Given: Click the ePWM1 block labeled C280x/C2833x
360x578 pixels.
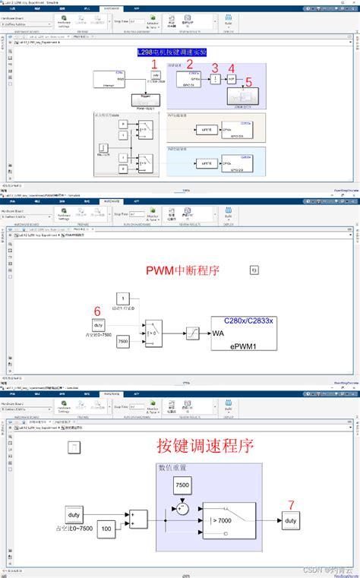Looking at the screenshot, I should pos(243,332).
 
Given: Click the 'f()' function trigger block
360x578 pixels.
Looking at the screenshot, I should pos(255,270).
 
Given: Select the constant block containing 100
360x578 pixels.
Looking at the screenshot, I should pos(106,528).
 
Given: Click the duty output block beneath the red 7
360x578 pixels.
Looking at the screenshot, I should pos(289,520).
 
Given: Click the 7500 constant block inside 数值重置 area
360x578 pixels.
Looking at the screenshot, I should pos(182,485).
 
